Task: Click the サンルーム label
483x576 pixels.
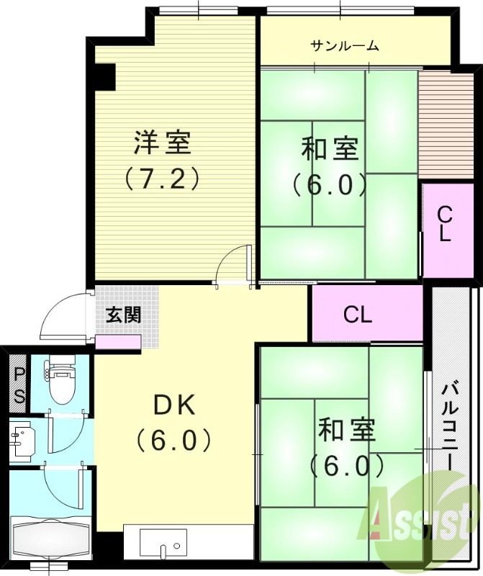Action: [x=345, y=46]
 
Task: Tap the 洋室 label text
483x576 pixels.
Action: [x=163, y=143]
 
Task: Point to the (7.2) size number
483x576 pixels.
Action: [x=162, y=178]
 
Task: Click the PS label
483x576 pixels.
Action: [x=19, y=385]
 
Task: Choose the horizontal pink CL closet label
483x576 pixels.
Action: [x=358, y=315]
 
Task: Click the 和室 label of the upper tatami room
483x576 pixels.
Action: [x=330, y=150]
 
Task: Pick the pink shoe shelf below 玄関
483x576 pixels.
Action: [x=118, y=342]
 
